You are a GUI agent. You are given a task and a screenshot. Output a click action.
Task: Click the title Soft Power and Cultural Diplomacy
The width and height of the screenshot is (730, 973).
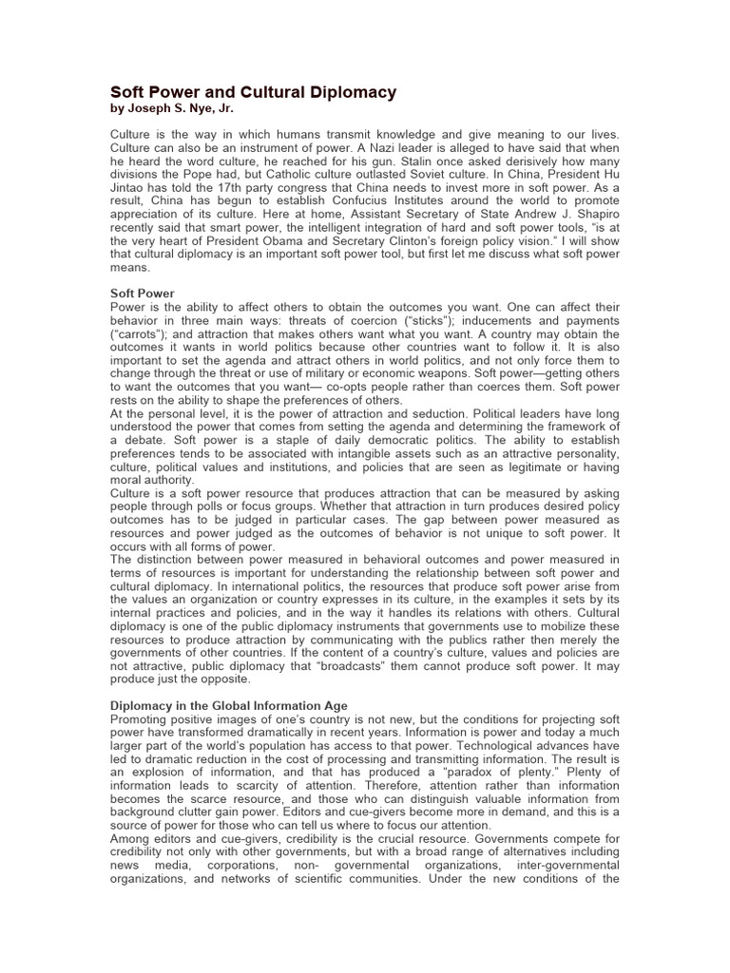click(x=254, y=92)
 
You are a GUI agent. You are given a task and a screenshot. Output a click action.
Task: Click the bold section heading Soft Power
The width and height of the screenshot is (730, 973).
click(x=143, y=295)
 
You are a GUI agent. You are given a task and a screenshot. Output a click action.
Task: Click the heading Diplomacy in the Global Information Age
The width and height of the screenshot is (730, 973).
click(x=229, y=705)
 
